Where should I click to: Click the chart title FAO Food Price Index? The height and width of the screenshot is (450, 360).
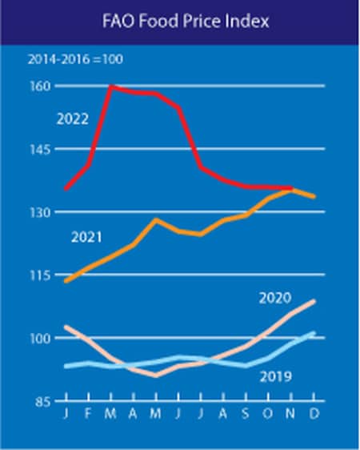186,22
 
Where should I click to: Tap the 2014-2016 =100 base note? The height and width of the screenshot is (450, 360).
75,59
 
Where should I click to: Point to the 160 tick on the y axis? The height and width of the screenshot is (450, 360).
41,86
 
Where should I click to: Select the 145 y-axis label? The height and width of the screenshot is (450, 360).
41,149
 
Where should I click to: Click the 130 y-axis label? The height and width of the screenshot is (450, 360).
41,212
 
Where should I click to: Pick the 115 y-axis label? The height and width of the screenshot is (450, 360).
41,275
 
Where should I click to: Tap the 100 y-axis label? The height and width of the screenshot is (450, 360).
41,339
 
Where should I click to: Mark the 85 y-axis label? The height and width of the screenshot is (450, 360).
43,401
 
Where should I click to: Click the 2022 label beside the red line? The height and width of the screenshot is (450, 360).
73,119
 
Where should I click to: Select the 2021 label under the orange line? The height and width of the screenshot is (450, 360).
86,237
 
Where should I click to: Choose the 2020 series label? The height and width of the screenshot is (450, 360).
275,298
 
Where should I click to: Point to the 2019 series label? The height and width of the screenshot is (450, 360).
276,376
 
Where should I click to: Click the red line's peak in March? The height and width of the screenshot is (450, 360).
111,86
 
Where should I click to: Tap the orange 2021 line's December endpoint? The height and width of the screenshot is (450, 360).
314,197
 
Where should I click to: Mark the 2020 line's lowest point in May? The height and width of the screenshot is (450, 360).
156,376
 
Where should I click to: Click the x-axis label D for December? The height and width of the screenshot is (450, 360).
314,414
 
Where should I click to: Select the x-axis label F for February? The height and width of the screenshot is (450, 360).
88,414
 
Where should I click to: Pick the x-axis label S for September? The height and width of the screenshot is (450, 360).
246,414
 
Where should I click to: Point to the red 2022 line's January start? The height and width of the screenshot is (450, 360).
66,189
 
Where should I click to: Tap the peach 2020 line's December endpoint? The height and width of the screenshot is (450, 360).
314,301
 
